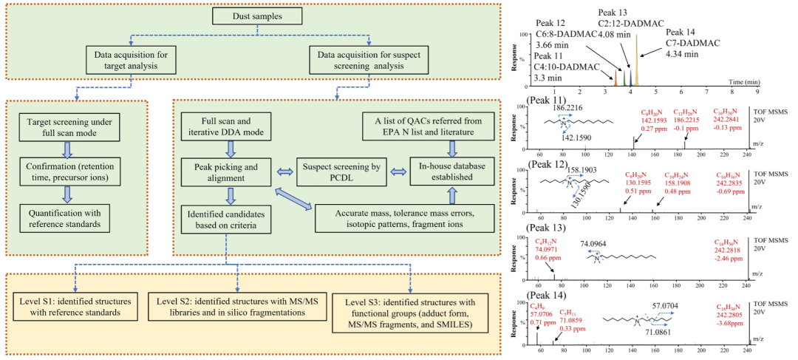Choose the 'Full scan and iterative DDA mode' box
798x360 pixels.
coord(231,126)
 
